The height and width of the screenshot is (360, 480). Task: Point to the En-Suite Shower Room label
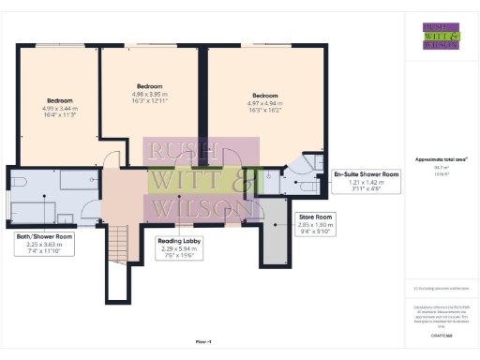pyautogui.click(x=367, y=174)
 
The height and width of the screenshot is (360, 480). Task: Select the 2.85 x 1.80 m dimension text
pyautogui.click(x=316, y=225)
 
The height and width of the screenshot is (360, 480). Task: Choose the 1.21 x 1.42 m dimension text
pyautogui.click(x=367, y=182)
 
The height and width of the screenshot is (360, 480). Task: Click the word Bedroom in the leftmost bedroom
pyautogui.click(x=60, y=100)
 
